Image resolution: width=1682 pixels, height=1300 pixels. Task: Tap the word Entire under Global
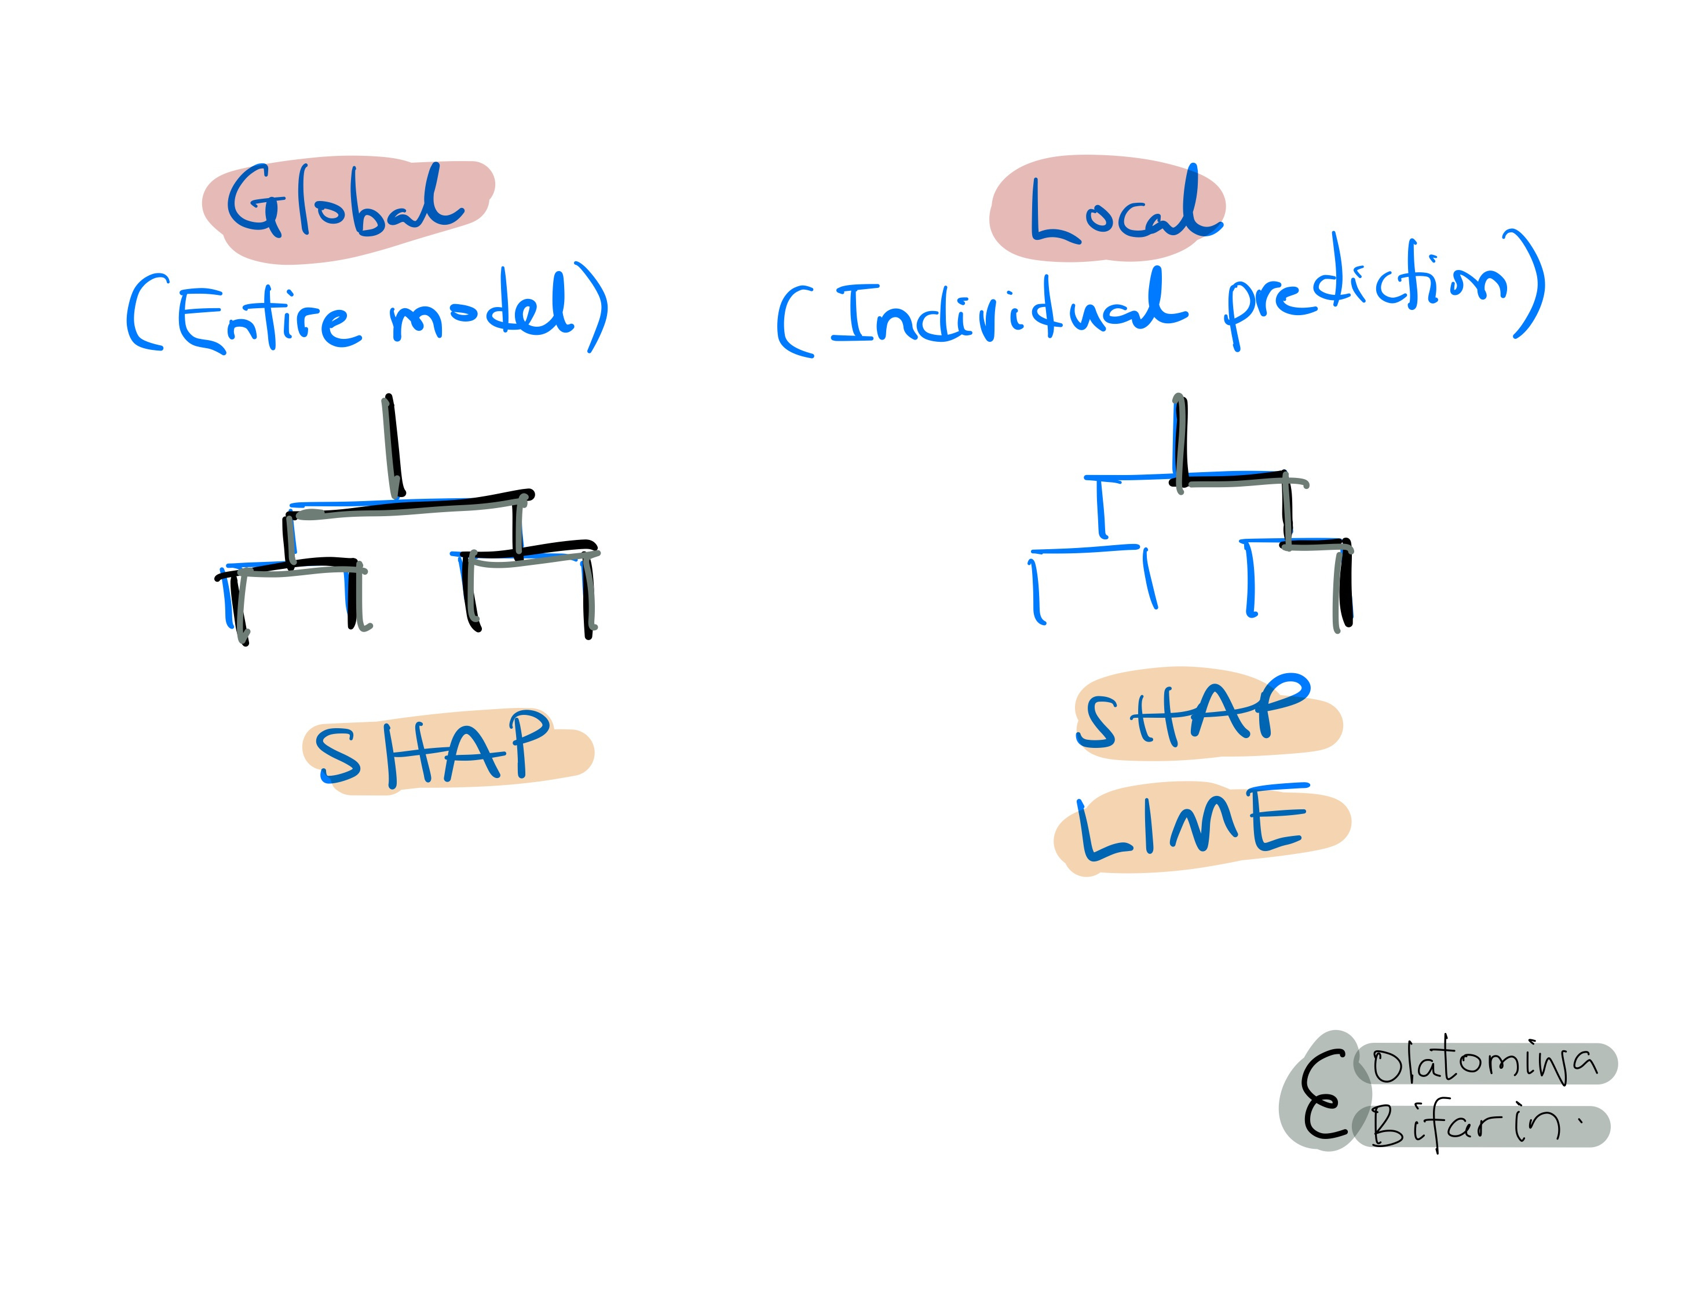point(266,318)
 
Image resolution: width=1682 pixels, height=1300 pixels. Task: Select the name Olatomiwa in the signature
point(1483,1063)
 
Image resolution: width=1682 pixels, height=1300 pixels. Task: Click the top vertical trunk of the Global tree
point(393,447)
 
